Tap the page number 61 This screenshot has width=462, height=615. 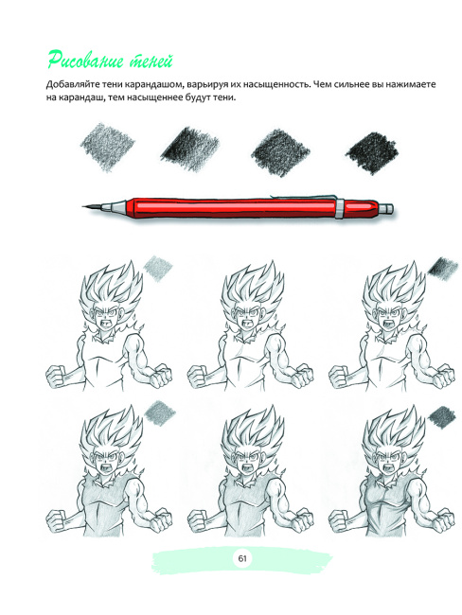click(x=241, y=557)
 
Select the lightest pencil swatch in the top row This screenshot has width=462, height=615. click(x=108, y=147)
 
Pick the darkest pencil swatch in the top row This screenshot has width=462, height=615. click(x=371, y=151)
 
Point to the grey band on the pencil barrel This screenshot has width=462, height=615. click(x=340, y=208)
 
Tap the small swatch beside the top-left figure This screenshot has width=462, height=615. click(x=158, y=268)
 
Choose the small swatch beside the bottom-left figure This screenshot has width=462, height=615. click(x=160, y=413)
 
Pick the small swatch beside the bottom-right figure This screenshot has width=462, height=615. click(x=441, y=416)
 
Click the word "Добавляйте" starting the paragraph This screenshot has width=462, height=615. click(x=71, y=84)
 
